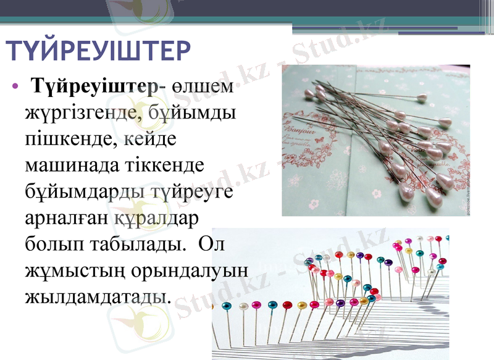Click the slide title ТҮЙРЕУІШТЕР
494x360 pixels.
tap(97, 50)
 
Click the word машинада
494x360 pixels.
tap(66, 166)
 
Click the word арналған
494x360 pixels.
tap(66, 218)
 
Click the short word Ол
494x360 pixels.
tap(214, 244)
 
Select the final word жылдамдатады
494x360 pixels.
tap(96, 296)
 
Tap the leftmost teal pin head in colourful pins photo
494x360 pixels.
tap(226, 306)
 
